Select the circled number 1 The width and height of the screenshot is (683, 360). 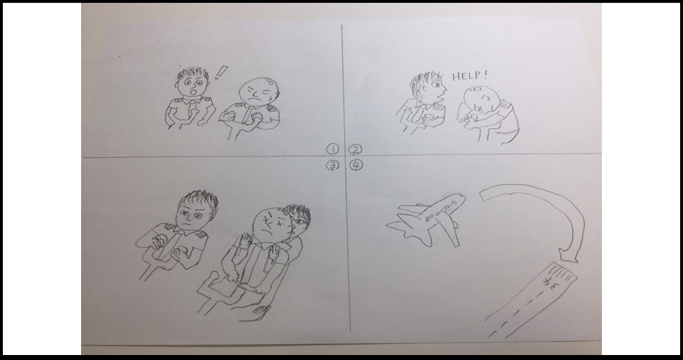click(x=332, y=149)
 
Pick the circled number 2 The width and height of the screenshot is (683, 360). click(x=356, y=149)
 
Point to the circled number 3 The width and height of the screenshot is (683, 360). click(x=332, y=166)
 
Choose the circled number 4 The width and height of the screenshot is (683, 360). click(x=356, y=166)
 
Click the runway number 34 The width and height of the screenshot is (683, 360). click(x=552, y=284)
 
